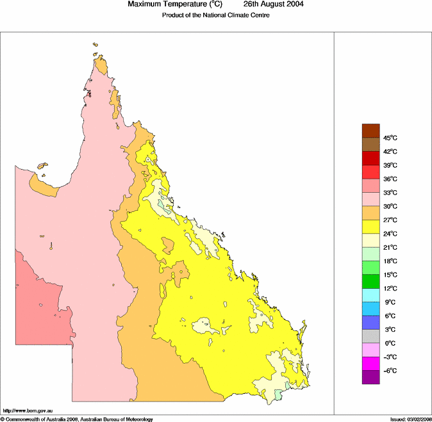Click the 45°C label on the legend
click(x=390, y=138)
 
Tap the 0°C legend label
click(x=389, y=343)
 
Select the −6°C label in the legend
click(x=390, y=371)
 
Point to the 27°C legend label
click(x=390, y=220)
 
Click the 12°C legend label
click(x=390, y=288)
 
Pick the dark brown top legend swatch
click(x=371, y=131)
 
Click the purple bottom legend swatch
click(x=371, y=377)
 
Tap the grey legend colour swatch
click(x=371, y=336)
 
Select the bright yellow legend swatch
click(x=371, y=227)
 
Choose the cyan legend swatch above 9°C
click(x=371, y=295)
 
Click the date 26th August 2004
click(x=273, y=4)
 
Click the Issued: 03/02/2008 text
click(x=410, y=419)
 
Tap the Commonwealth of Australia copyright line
click(x=77, y=419)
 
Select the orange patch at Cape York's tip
click(x=101, y=66)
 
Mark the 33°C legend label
click(x=390, y=193)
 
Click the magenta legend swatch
click(x=371, y=363)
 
